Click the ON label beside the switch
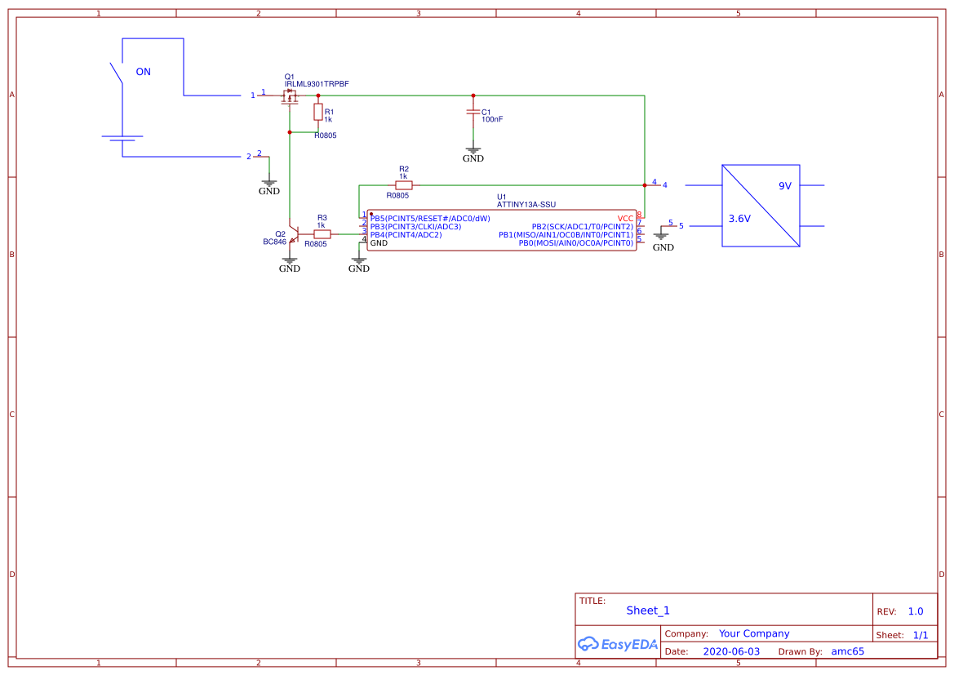(x=143, y=72)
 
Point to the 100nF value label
(x=492, y=119)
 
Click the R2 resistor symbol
(x=403, y=185)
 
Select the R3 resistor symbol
(x=322, y=233)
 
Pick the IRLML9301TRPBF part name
(x=316, y=84)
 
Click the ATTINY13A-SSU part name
(x=526, y=205)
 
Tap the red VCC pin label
(x=625, y=219)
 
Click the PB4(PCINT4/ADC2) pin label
(x=406, y=235)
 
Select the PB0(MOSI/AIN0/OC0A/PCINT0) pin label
(x=575, y=243)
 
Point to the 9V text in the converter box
(x=784, y=186)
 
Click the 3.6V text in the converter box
(x=739, y=219)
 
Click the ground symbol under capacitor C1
(x=473, y=153)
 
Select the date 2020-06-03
(x=730, y=651)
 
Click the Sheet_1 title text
(x=647, y=611)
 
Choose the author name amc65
(x=847, y=651)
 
